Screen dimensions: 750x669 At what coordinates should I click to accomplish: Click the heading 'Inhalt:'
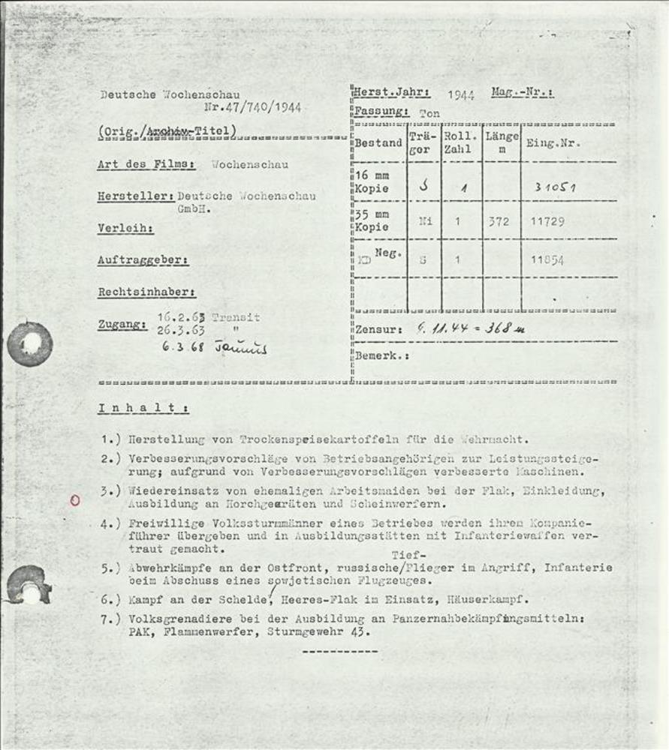[143, 409]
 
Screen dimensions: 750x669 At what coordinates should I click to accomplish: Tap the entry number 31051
[554, 187]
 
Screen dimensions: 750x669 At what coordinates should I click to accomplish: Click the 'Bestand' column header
[378, 143]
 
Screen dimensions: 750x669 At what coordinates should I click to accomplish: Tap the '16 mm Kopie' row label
[372, 182]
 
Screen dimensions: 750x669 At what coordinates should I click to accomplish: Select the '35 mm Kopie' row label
[372, 221]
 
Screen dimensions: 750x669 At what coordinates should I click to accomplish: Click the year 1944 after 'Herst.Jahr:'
[460, 95]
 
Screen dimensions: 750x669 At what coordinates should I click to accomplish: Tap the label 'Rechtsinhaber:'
[146, 292]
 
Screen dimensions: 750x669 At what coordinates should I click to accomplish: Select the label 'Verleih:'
[125, 228]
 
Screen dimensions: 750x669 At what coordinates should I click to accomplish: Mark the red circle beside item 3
[74, 501]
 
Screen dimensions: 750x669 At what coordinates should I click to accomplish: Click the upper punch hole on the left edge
[30, 344]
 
